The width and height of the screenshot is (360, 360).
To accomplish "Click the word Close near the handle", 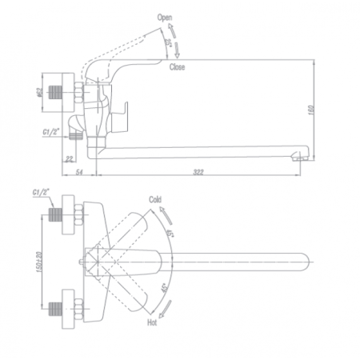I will click(x=177, y=67).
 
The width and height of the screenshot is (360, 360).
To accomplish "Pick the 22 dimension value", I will click(x=70, y=158).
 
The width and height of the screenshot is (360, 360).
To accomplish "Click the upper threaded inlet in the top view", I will click(x=55, y=214).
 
